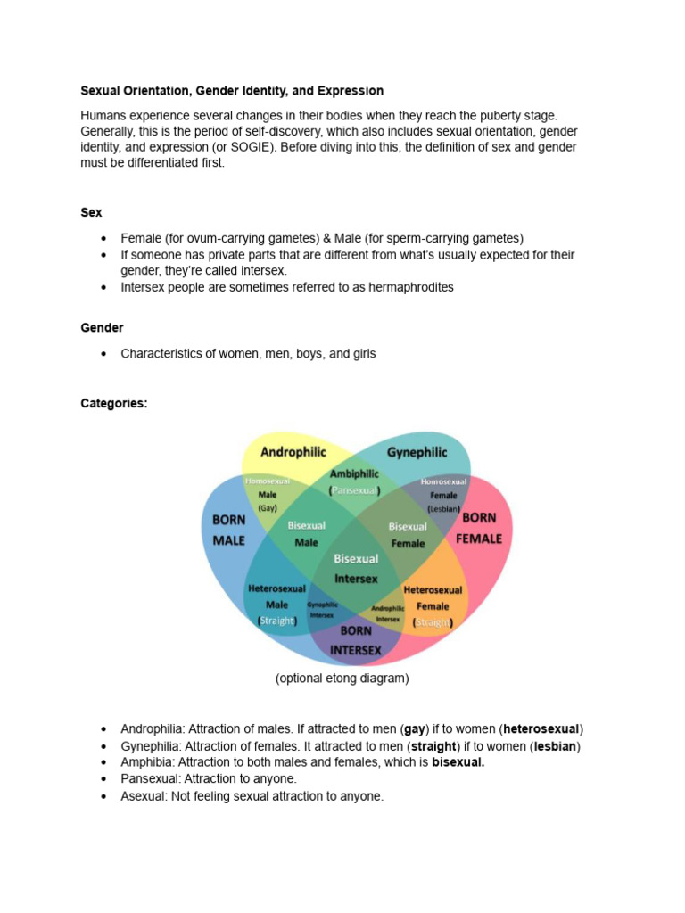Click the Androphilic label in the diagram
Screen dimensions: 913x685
[x=293, y=452]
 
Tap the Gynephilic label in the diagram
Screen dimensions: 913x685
[x=417, y=452]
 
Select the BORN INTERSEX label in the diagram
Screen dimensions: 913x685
[x=356, y=641]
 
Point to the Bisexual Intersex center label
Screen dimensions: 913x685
[x=356, y=568]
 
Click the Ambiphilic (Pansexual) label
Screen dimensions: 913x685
[x=355, y=482]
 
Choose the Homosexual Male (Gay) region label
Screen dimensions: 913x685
[x=268, y=494]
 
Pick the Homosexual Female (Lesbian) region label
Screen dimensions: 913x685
[x=443, y=495]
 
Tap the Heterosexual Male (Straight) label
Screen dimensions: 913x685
[x=276, y=605]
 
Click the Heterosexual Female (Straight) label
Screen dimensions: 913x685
[x=433, y=606]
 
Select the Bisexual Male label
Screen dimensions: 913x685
[x=306, y=534]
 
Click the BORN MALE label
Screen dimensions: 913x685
[x=228, y=530]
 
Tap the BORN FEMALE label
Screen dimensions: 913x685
[x=479, y=528]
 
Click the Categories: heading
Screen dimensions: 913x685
[x=114, y=403]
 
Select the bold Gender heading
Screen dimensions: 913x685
[x=102, y=327]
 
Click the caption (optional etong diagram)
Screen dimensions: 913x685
[x=342, y=679]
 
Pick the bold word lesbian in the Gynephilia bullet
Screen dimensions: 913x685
[x=554, y=745]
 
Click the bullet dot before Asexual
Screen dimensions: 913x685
[x=104, y=796]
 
